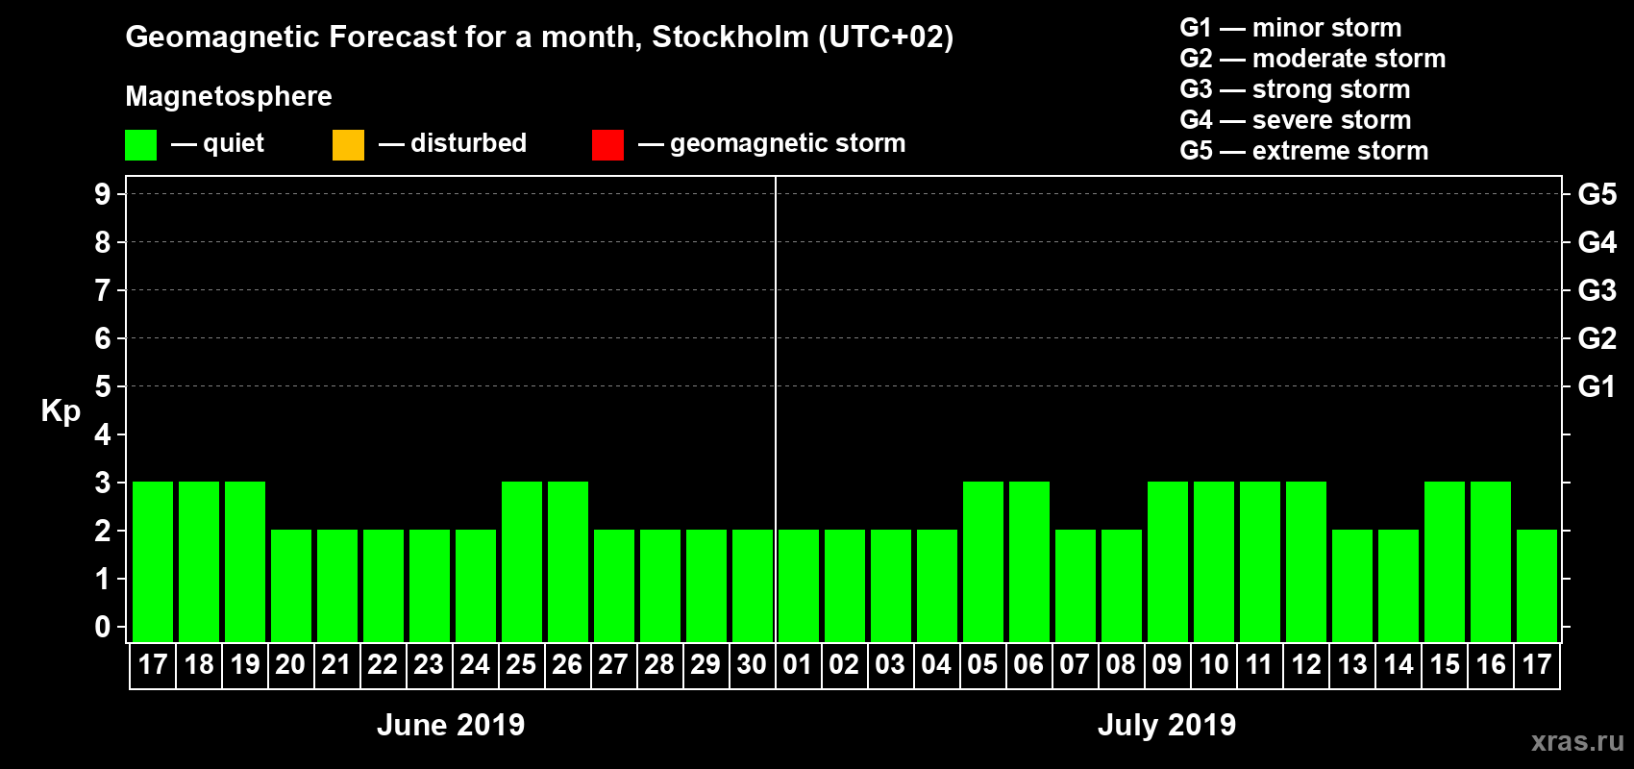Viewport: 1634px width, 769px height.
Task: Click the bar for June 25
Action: [x=522, y=561]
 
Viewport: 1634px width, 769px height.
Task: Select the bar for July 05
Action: [x=983, y=561]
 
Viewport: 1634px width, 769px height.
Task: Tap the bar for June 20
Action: [x=291, y=585]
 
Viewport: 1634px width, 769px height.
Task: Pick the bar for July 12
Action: [x=1306, y=561]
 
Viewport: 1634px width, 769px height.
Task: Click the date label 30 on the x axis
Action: [x=752, y=665]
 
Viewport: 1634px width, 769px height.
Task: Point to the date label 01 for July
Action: [x=798, y=665]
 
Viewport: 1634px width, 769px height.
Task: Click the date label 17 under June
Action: [x=153, y=665]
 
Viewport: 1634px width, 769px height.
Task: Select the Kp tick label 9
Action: [x=103, y=194]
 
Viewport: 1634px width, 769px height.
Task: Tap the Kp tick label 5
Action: [x=103, y=386]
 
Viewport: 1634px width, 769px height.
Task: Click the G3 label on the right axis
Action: [x=1597, y=290]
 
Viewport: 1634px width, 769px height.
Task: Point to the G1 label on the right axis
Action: [x=1597, y=386]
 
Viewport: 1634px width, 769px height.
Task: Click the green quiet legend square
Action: [x=140, y=145]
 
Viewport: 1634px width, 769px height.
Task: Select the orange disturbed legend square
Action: [x=348, y=145]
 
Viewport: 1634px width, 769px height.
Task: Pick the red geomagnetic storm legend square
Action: [x=607, y=145]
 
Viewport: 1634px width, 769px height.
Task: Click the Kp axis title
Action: [x=61, y=411]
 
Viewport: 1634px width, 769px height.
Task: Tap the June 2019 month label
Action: [x=451, y=725]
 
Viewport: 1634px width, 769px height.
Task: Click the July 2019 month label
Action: [x=1167, y=725]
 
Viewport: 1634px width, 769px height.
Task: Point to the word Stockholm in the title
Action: [x=730, y=37]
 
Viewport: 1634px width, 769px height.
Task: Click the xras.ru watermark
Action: [x=1577, y=741]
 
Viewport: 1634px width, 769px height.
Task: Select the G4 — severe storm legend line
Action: [x=1295, y=120]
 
